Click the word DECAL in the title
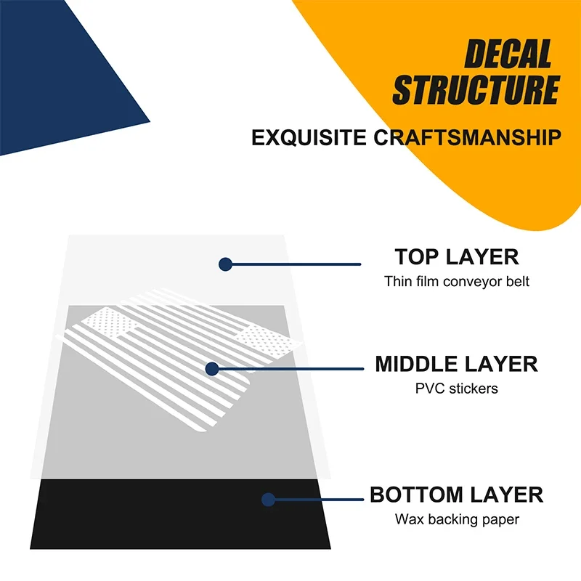point(508,55)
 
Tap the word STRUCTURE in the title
point(476,91)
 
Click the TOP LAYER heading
point(457,257)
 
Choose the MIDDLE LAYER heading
point(457,364)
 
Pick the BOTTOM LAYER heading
point(457,495)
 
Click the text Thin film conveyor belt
point(457,282)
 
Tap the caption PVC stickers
point(457,389)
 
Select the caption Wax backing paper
point(457,519)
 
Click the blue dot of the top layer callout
point(225,264)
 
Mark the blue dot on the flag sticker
point(211,369)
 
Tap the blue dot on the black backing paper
point(268,500)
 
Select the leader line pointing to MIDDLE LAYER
point(290,369)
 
